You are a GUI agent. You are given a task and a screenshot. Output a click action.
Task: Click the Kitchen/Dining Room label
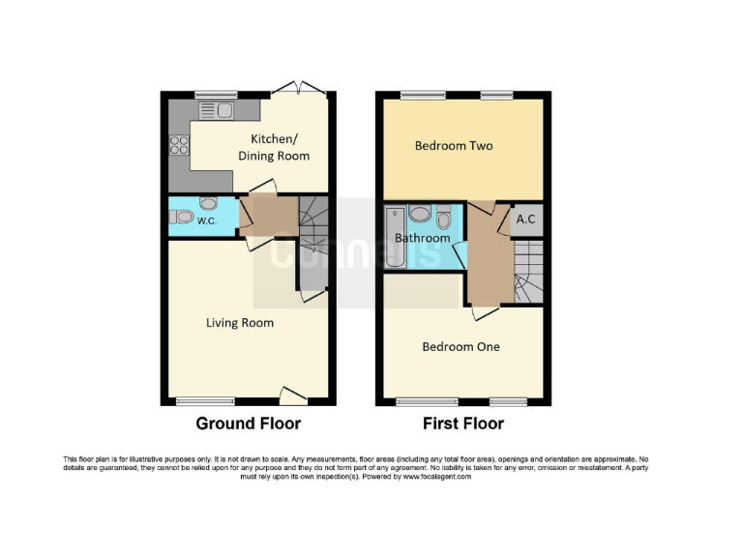pyautogui.click(x=280, y=147)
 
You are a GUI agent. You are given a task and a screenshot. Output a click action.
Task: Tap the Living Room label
pyautogui.click(x=240, y=323)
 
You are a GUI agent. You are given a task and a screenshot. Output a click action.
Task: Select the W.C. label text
pyautogui.click(x=207, y=221)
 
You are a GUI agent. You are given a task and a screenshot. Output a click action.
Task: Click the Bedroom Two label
pyautogui.click(x=454, y=146)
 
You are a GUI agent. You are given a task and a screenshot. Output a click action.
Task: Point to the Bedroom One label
pyautogui.click(x=461, y=346)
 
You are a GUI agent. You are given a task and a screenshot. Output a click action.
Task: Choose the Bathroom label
pyautogui.click(x=422, y=238)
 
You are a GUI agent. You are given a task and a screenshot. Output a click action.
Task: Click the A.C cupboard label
pyautogui.click(x=526, y=220)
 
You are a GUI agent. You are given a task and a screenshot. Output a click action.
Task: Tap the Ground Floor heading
pyautogui.click(x=248, y=424)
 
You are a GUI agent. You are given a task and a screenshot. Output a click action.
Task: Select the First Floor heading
pyautogui.click(x=462, y=424)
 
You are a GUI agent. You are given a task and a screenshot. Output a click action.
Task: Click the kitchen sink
pyautogui.click(x=215, y=110)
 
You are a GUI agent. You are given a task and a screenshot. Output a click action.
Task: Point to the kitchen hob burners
pyautogui.click(x=180, y=145)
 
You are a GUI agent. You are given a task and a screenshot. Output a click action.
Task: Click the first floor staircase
pyautogui.click(x=528, y=271)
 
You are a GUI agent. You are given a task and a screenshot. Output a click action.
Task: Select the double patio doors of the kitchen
pyautogui.click(x=299, y=91)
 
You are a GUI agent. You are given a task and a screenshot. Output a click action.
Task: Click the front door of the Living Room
pyautogui.click(x=293, y=395)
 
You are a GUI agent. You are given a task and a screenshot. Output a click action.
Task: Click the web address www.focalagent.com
pyautogui.click(x=437, y=477)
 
